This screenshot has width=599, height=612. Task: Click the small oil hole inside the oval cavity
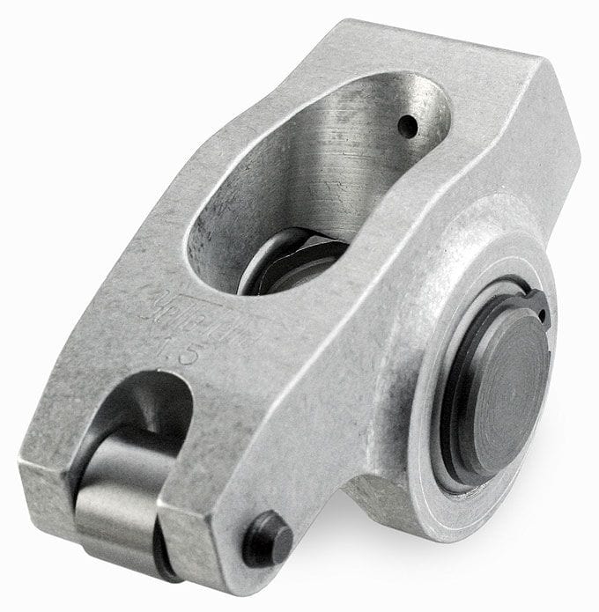click(x=407, y=126)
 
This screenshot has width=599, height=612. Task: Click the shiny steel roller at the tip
click(x=123, y=503)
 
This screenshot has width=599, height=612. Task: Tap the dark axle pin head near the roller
click(x=267, y=538)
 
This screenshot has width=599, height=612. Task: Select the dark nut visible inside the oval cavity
click(x=291, y=264)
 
